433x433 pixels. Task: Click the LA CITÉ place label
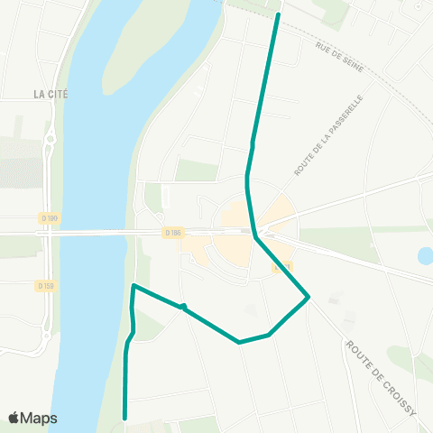pyautogui.click(x=51, y=94)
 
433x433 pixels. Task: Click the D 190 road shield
pyautogui.click(x=49, y=217)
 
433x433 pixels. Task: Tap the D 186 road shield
pyautogui.click(x=173, y=232)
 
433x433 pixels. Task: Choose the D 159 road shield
pyautogui.click(x=45, y=286)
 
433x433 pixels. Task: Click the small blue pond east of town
pyautogui.click(x=425, y=256)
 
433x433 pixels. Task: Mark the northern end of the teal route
pyautogui.click(x=278, y=14)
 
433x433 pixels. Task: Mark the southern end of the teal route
pyautogui.click(x=124, y=418)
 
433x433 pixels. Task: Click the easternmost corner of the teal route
pyautogui.click(x=309, y=296)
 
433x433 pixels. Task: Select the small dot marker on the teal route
pyautogui.click(x=183, y=308)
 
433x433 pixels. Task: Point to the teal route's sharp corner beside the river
pyautogui.click(x=134, y=286)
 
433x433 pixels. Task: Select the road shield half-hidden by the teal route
pyautogui.click(x=282, y=267)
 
